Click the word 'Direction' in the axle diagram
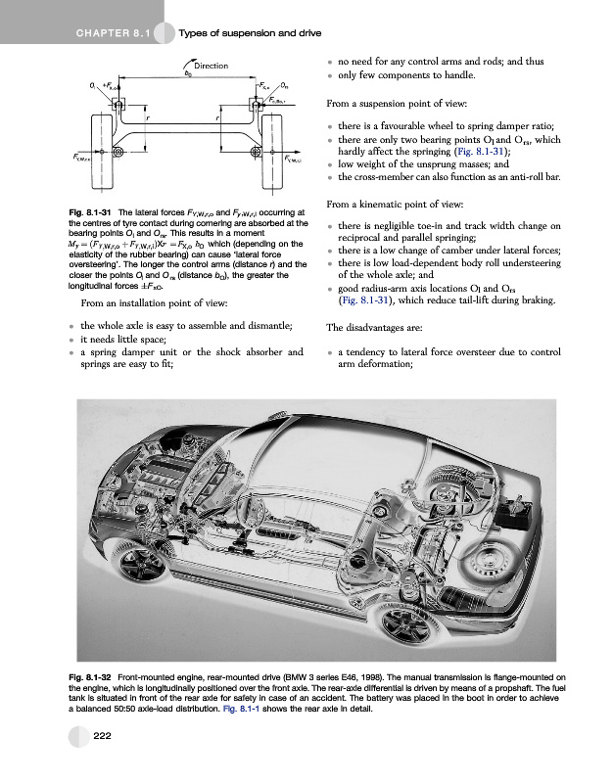[211, 66]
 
